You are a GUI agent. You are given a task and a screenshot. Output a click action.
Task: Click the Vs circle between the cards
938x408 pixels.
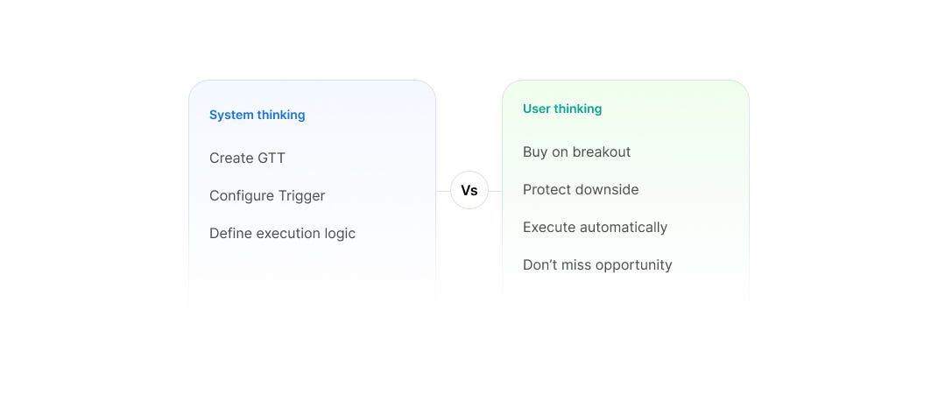point(469,190)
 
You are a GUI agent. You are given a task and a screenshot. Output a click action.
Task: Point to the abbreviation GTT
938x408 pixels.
point(272,158)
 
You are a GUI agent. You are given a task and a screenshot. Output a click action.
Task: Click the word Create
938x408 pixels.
point(231,158)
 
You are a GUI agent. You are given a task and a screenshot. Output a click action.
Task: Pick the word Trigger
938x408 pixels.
point(301,196)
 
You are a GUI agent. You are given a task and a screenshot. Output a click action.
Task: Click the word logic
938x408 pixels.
point(340,234)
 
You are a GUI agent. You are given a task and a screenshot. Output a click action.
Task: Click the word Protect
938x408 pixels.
point(545,190)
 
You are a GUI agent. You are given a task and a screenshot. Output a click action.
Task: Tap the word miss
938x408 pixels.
point(580,265)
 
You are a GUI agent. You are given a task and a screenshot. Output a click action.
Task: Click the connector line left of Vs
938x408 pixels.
point(443,192)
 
